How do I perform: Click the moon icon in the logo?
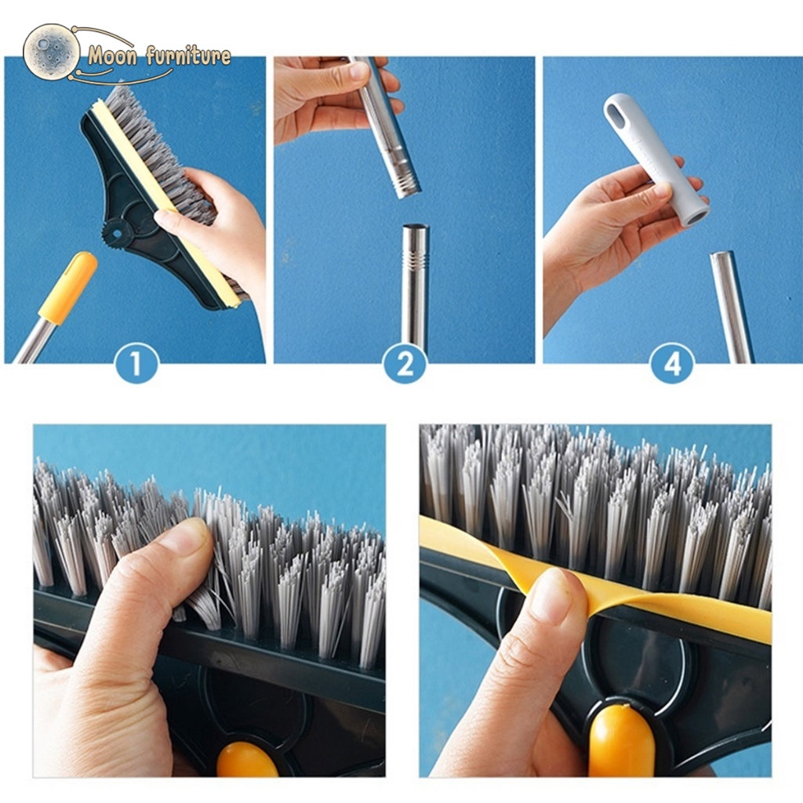[48, 51]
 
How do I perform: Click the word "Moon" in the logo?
[112, 56]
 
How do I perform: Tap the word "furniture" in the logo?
[187, 56]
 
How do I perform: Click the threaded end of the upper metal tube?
[407, 181]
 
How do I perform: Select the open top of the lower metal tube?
[416, 227]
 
